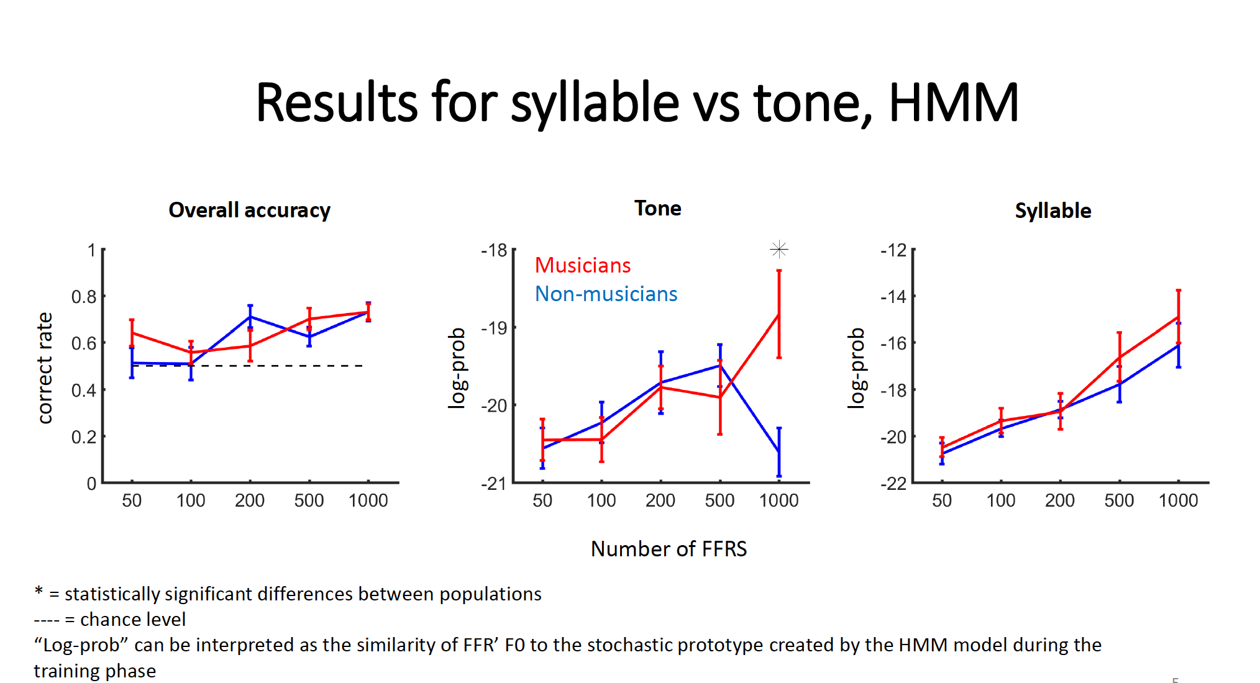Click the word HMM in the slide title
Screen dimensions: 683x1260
[x=953, y=102]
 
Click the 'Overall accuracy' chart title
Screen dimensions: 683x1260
[x=249, y=210]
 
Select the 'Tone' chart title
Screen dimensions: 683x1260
[x=657, y=209]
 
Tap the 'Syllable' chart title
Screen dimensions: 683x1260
[x=1052, y=211]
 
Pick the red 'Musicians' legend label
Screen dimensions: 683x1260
[x=583, y=266]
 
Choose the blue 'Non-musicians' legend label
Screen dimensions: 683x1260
[x=606, y=294]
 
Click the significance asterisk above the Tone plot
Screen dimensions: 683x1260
[x=778, y=250]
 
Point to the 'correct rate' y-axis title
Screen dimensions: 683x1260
[x=45, y=368]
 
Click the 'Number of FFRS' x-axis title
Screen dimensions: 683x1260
[x=669, y=549]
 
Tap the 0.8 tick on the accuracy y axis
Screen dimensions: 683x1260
[x=84, y=297]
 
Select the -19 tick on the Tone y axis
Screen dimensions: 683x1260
[x=495, y=328]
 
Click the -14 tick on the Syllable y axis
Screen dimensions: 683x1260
[x=893, y=297]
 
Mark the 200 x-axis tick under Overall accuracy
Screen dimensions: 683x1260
[x=250, y=500]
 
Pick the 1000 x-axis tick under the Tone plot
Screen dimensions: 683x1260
[x=778, y=500]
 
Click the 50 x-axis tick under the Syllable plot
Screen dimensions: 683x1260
[x=941, y=500]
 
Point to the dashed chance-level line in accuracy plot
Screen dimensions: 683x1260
[x=280, y=366]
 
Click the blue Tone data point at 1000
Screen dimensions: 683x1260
[x=778, y=451]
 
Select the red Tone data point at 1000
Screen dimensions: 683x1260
[x=778, y=315]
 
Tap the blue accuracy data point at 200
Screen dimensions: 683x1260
[x=250, y=317]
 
